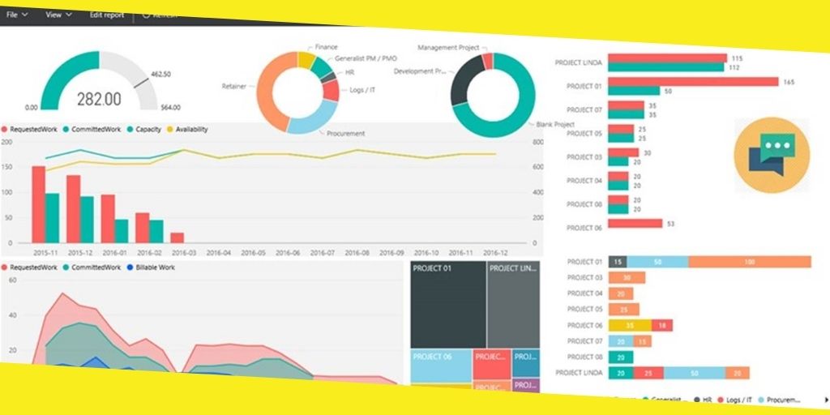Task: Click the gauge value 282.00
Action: tap(99, 99)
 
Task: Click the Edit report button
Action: tap(107, 15)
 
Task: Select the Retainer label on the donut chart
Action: tap(234, 85)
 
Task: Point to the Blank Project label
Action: tap(554, 124)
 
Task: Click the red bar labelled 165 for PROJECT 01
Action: tap(693, 82)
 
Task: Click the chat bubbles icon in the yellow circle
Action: tap(772, 154)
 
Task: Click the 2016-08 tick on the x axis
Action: tap(357, 252)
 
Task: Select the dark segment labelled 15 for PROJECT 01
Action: tap(618, 262)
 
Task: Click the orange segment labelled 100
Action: tap(749, 262)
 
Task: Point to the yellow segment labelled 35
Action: tap(629, 325)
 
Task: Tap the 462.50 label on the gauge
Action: tap(160, 74)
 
